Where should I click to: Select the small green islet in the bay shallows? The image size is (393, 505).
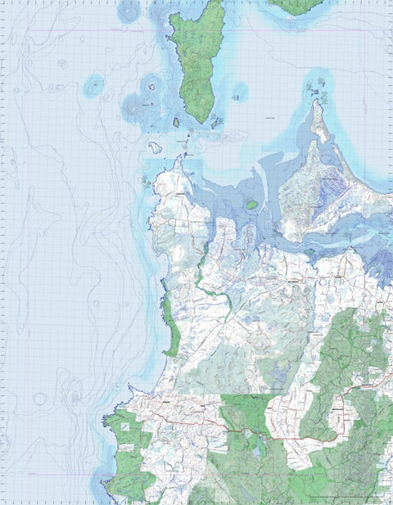[252, 204]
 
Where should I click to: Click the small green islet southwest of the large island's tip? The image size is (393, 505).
[175, 123]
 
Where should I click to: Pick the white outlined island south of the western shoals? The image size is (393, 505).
[154, 147]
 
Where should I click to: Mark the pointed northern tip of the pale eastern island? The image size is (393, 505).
[316, 105]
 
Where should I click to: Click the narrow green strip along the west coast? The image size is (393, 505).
[169, 323]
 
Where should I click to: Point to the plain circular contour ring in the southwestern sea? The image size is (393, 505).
[39, 399]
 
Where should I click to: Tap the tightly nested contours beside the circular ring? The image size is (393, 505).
[74, 399]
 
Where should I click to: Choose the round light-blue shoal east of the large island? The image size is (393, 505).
[240, 92]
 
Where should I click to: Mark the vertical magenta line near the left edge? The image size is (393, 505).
[8, 246]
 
